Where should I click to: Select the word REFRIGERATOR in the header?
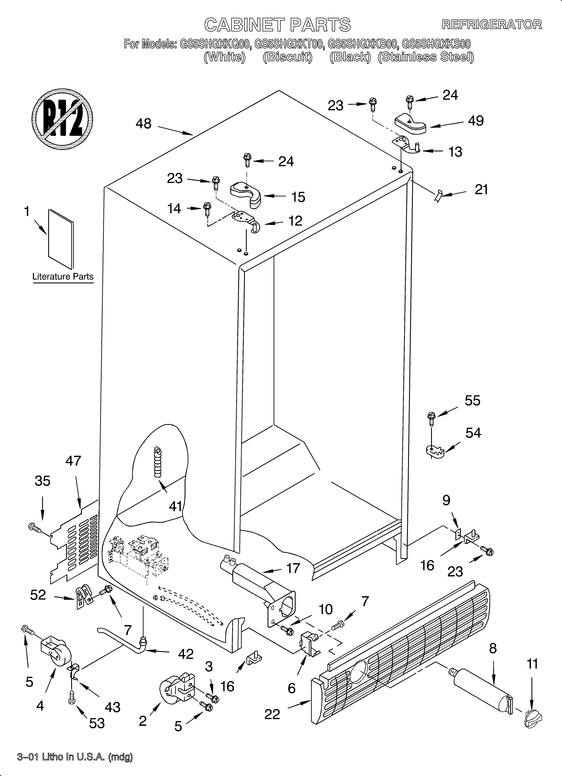[491, 25]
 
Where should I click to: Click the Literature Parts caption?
[63, 276]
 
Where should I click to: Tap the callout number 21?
[481, 190]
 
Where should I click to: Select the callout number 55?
[472, 401]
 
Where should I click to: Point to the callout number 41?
[175, 506]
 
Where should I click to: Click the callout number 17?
[293, 569]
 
